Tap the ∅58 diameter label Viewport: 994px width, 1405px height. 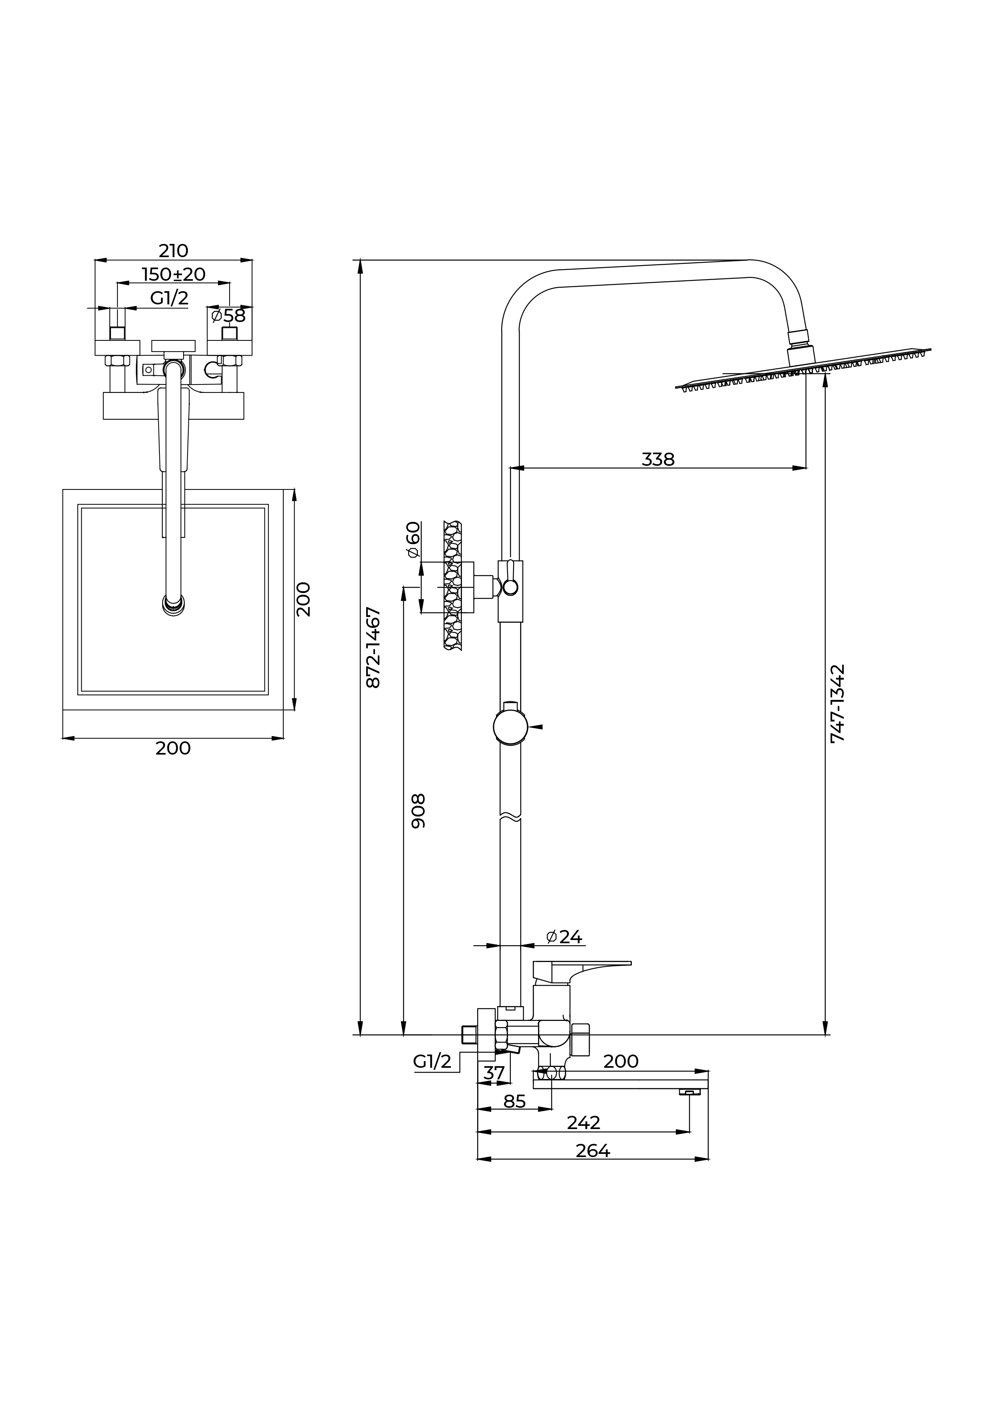(228, 316)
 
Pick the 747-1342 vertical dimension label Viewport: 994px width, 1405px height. (837, 703)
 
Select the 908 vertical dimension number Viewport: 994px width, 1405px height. (417, 811)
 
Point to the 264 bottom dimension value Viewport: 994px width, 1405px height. (593, 1151)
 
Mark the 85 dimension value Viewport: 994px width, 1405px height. (514, 1101)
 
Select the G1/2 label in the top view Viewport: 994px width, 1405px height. (169, 298)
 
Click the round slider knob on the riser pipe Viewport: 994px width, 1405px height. (510, 728)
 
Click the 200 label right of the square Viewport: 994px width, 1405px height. (304, 599)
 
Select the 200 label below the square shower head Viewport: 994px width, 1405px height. (173, 749)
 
